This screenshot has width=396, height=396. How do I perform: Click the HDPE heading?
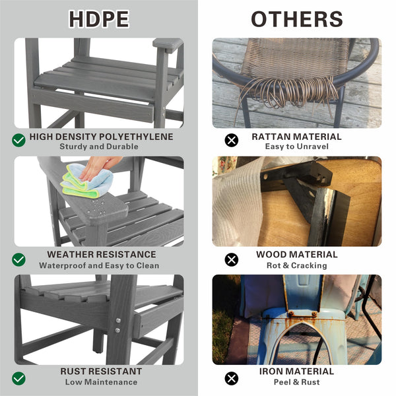[x=98, y=19]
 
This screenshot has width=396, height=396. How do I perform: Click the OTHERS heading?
[x=296, y=19]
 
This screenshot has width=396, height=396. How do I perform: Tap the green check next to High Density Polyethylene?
[x=18, y=140]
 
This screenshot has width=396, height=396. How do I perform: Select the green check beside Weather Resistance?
[x=18, y=259]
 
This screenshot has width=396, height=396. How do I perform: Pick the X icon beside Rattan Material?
[x=231, y=140]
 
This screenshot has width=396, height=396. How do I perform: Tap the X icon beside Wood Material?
[x=231, y=259]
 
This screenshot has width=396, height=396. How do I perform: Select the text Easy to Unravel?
[x=297, y=147]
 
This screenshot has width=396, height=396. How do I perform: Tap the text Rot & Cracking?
[x=297, y=265]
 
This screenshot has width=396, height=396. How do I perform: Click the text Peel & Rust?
[x=297, y=382]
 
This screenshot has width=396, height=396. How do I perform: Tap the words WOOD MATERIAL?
[x=297, y=255]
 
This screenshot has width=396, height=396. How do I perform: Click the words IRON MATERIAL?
[x=297, y=372]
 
